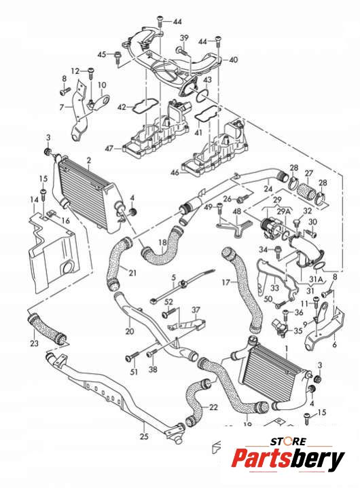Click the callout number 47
coord(109,149)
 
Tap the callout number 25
coord(144,436)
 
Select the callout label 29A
coord(284,211)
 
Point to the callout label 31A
coord(316,280)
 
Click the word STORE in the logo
coord(288,441)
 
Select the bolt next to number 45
coord(118,56)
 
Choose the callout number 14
coord(34,199)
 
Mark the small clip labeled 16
coord(52,214)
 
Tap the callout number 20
coord(130,331)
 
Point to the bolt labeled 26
coord(244,198)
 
